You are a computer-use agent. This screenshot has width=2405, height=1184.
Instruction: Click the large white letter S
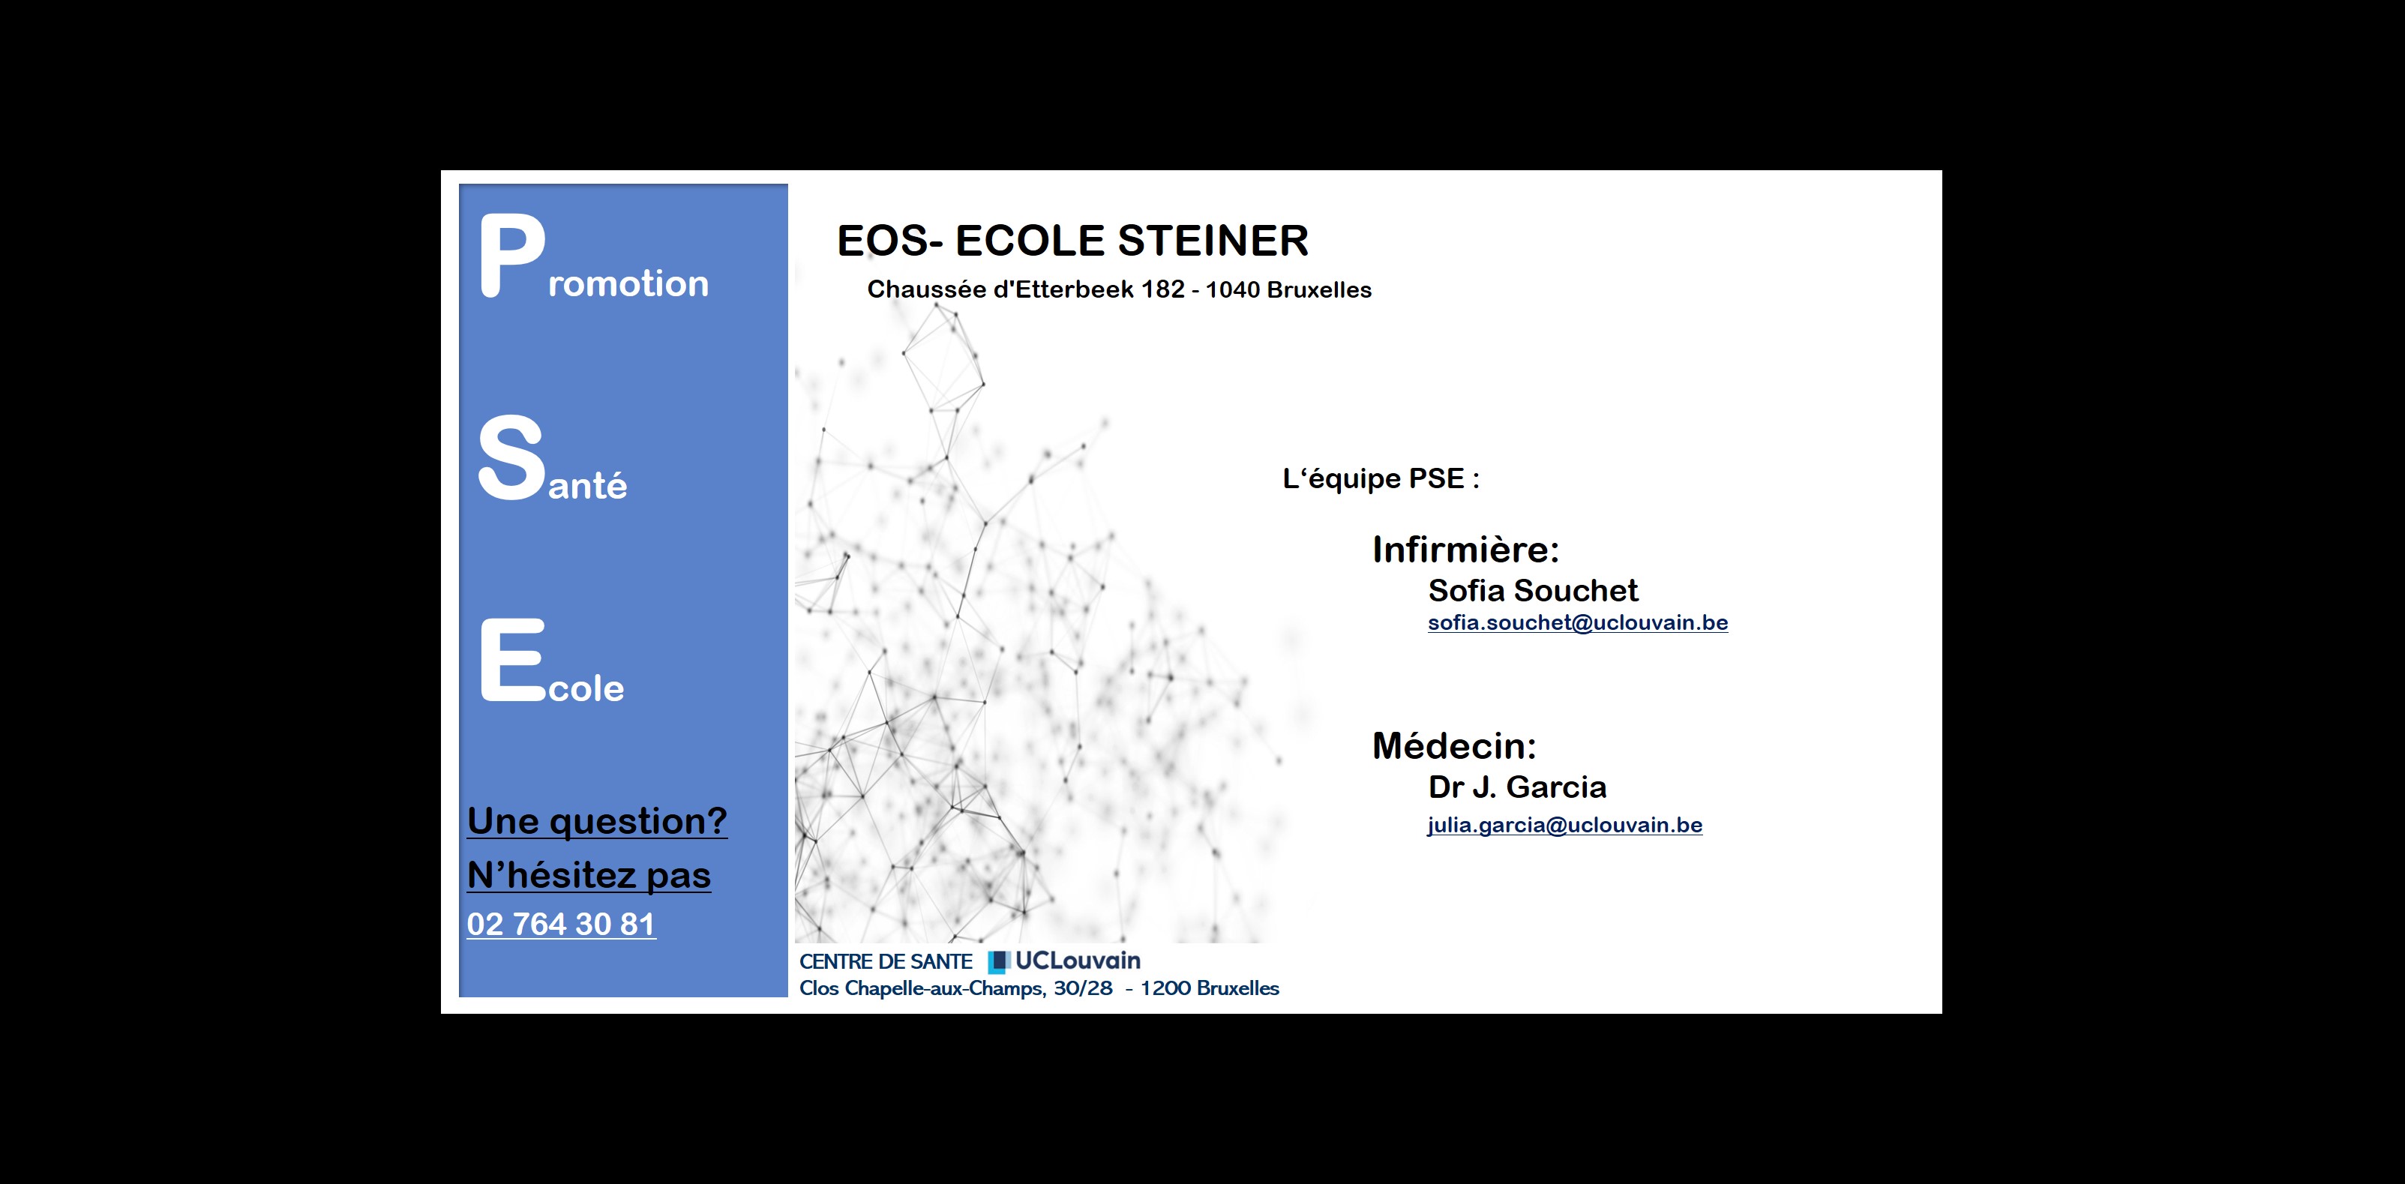(511, 457)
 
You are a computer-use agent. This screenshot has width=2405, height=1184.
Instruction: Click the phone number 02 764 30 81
(561, 924)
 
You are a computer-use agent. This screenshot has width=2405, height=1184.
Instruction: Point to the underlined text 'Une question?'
(598, 821)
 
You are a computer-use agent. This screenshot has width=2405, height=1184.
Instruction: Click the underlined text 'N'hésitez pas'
(589, 875)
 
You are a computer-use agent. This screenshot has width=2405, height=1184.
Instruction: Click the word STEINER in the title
(1213, 241)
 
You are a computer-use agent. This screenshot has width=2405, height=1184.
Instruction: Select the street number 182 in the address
(1162, 289)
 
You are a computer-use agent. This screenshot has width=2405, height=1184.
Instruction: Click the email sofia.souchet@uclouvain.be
(1578, 623)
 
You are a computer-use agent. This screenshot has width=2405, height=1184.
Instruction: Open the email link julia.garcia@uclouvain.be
(1565, 826)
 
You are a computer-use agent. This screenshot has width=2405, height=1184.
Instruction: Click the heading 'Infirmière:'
(1466, 549)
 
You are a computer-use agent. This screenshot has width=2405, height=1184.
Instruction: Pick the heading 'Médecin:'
(1453, 745)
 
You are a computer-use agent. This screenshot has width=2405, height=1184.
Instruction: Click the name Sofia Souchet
(1533, 590)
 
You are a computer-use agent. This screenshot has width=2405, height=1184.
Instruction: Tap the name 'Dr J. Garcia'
(1517, 787)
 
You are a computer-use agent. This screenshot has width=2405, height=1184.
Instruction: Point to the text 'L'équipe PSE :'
(1381, 479)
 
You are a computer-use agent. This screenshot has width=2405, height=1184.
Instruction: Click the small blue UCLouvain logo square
(999, 962)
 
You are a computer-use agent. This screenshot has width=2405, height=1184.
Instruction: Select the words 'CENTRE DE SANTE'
(886, 962)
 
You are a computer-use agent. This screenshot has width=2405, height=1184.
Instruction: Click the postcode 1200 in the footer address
(1165, 988)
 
